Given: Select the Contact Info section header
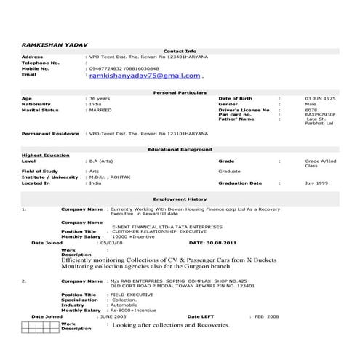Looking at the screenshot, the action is (x=180, y=52).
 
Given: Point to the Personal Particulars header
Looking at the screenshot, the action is (x=180, y=93).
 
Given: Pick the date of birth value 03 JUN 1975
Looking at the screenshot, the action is (x=321, y=97).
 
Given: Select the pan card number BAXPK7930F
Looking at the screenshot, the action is (x=321, y=114).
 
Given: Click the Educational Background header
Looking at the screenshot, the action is (x=180, y=148).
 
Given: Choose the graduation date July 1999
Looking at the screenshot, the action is (x=318, y=183).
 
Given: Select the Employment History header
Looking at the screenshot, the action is (x=180, y=198).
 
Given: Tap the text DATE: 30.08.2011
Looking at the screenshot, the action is (x=214, y=243).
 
